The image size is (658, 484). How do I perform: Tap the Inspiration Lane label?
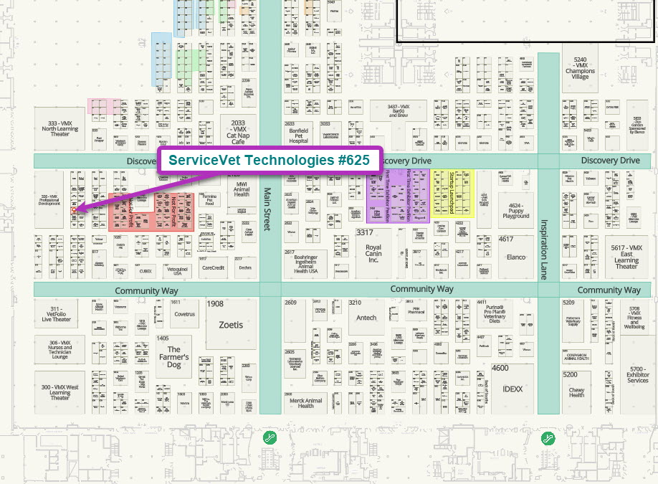[547, 249]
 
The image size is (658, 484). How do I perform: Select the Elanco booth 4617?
[516, 255]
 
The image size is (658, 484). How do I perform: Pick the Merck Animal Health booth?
[306, 402]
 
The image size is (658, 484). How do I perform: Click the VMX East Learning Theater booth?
[626, 257]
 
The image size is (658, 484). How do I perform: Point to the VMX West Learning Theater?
[60, 392]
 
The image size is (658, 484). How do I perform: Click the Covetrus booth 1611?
[183, 313]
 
